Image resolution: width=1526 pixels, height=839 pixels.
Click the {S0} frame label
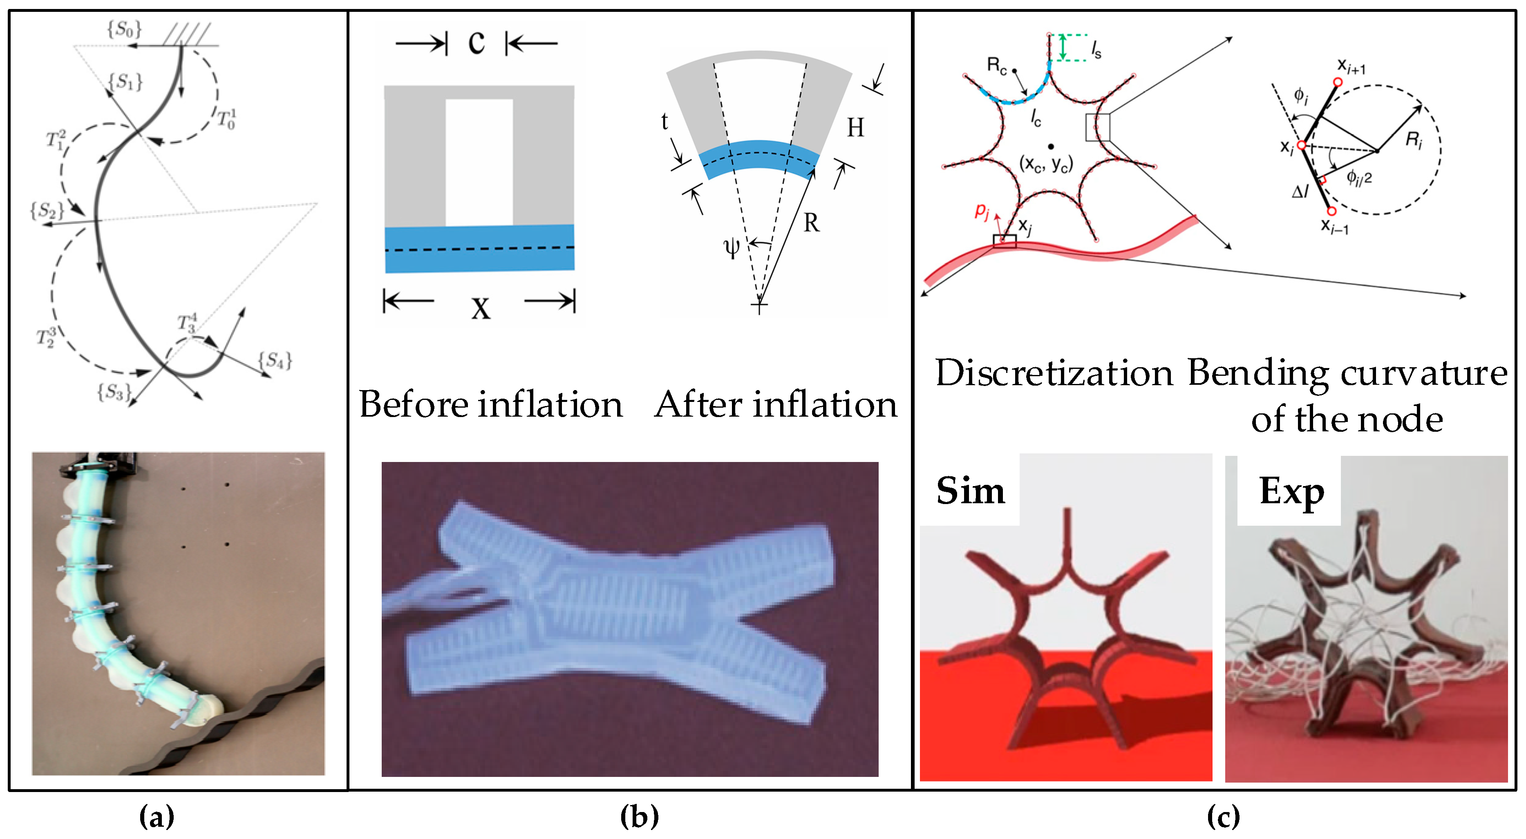124,29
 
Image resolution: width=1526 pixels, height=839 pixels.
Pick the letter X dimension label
481,307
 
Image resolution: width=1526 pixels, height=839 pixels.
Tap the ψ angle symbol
732,247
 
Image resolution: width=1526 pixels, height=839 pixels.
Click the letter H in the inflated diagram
855,127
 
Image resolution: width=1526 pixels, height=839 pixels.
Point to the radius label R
811,223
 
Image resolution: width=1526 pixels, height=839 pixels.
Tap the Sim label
970,491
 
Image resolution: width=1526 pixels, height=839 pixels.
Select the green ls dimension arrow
1063,47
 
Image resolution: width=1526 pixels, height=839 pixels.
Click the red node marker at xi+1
1338,82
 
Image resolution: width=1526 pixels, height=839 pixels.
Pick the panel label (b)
639,817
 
